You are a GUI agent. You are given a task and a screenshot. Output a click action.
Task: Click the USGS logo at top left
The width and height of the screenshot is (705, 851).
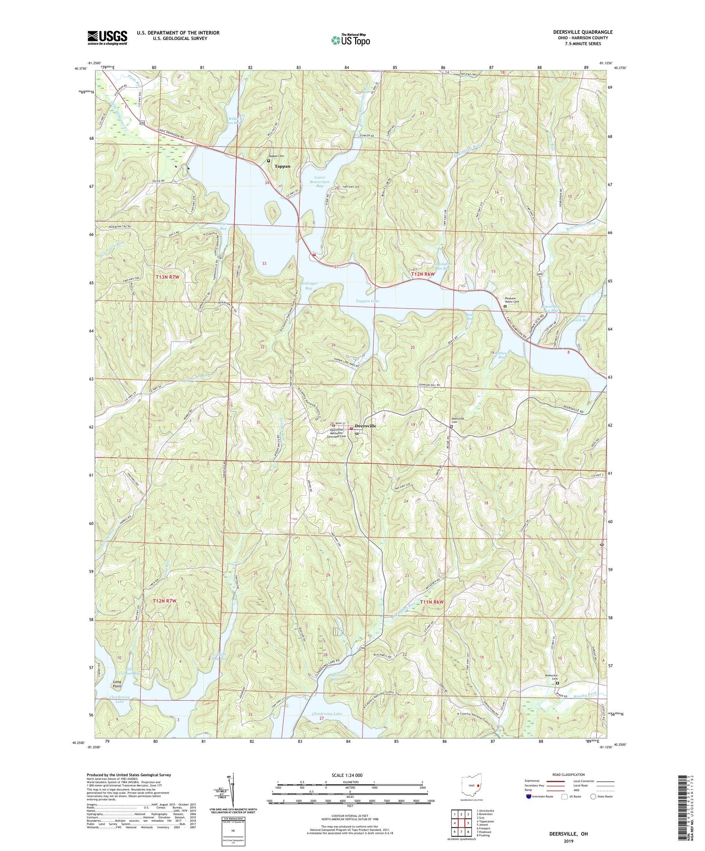(107, 38)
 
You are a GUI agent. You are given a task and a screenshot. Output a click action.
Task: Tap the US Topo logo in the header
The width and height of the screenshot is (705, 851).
(349, 39)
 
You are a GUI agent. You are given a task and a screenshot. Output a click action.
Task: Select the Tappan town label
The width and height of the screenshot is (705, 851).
(282, 166)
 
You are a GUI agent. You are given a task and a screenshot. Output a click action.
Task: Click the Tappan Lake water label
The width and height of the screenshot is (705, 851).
(367, 301)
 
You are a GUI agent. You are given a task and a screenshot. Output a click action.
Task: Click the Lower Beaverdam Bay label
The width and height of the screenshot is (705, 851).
(320, 182)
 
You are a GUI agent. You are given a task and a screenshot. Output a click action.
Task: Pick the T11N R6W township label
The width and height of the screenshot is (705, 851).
(431, 602)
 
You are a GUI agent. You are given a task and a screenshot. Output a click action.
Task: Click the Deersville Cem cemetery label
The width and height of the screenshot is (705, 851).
(457, 420)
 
